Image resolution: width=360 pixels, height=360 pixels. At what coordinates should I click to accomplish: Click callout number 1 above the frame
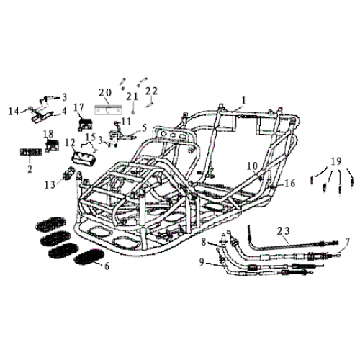point(244,101)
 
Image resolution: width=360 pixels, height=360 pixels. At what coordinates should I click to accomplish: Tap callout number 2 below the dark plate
point(30,169)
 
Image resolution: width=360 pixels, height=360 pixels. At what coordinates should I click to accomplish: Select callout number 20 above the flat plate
point(105,93)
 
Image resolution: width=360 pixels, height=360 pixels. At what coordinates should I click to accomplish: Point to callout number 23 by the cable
point(284,231)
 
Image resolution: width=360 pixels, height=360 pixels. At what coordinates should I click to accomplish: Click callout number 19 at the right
point(336,161)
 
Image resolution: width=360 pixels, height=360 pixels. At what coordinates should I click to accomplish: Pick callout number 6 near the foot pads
point(107,266)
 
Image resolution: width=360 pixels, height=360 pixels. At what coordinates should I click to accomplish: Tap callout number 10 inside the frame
point(253,166)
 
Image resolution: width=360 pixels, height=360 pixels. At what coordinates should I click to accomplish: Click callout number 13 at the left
point(50,185)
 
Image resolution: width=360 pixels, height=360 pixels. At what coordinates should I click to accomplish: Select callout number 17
point(78,108)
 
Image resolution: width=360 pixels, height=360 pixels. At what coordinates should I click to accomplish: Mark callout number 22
point(152,91)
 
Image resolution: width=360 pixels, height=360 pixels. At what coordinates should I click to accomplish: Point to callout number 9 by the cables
point(202,262)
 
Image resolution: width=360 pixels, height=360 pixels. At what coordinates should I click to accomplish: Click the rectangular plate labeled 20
point(109,110)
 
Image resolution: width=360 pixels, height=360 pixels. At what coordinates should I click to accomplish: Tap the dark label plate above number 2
point(31,152)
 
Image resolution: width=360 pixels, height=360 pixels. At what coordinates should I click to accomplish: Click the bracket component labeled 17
point(85,125)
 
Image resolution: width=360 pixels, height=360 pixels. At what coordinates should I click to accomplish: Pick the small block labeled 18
point(52,145)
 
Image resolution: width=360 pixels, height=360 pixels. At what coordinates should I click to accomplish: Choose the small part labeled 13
point(68,173)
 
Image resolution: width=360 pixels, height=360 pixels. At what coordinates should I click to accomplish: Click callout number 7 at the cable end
point(347,241)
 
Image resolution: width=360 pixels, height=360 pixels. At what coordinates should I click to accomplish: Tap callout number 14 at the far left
point(14,112)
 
